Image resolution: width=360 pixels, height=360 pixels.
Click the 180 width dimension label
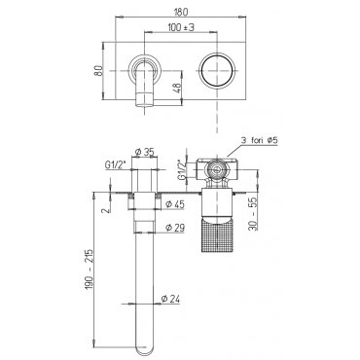point(181,12)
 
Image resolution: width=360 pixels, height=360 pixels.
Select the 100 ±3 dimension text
point(181,27)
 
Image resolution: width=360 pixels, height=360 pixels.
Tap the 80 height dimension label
point(98,71)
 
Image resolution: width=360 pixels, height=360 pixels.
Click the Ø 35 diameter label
point(145,152)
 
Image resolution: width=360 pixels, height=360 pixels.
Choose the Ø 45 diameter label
point(175,204)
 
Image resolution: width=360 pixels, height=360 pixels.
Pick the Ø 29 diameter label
point(175,228)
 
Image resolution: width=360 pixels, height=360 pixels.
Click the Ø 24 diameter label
point(170,299)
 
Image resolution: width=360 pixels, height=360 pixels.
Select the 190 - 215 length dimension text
point(90,270)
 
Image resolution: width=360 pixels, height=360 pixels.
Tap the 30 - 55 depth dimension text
point(255,214)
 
